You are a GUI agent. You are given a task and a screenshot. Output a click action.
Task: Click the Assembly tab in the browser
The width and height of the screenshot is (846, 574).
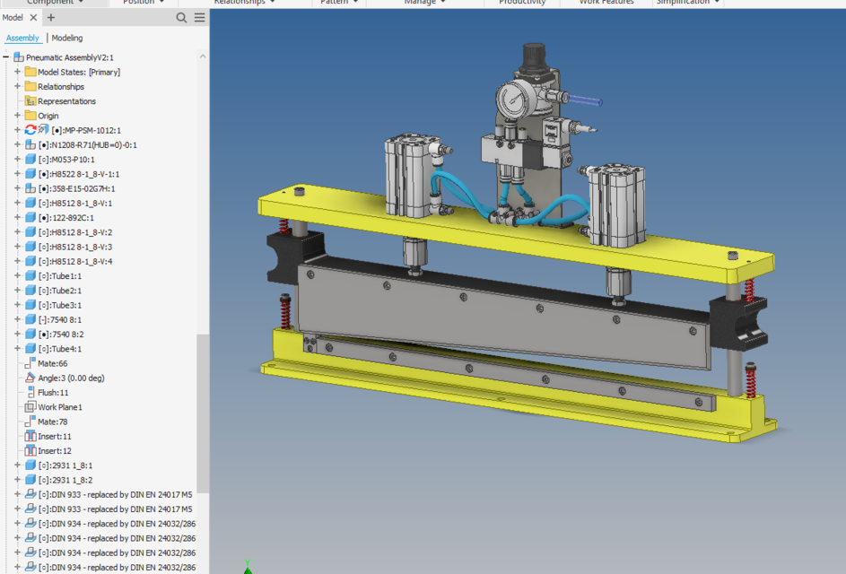[x=22, y=38]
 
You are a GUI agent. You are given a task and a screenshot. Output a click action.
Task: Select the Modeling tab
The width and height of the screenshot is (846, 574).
[x=67, y=38]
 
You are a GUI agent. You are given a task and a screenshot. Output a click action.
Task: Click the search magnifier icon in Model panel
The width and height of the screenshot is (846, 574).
[x=182, y=17]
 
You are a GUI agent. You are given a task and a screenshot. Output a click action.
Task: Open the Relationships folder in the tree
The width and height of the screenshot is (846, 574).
[x=60, y=87]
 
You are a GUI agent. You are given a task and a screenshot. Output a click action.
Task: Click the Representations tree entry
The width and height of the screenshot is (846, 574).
[x=66, y=101]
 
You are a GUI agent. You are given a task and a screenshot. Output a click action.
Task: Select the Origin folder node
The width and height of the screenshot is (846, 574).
[x=48, y=116]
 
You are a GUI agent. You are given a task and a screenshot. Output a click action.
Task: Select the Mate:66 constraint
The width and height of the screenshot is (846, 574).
[x=52, y=363]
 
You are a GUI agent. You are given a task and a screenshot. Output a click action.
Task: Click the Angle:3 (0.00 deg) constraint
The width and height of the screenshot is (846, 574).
[x=70, y=378]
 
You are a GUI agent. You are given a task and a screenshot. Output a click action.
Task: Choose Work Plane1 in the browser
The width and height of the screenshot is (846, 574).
[x=59, y=407]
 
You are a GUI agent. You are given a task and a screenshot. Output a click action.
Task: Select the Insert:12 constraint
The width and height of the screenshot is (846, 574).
[x=54, y=451]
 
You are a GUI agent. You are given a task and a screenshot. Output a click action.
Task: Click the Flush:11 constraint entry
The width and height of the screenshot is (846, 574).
[x=53, y=393]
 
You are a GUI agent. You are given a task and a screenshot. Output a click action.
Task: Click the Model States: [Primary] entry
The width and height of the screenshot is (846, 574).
[x=78, y=72]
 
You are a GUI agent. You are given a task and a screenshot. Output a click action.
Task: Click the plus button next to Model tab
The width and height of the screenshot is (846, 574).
[x=51, y=17]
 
